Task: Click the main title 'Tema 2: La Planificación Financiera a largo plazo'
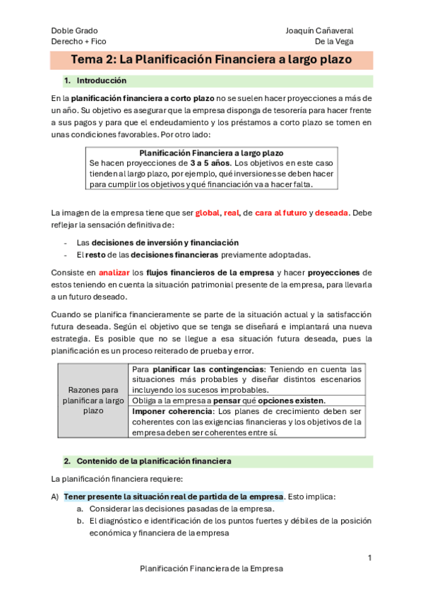point(211,59)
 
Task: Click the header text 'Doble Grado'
point(74,30)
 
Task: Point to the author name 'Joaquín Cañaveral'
point(320,30)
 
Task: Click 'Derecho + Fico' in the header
point(78,42)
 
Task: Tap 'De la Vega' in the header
point(334,42)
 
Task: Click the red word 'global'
point(207,213)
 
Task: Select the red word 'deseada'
point(331,213)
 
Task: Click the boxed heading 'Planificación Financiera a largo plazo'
point(211,153)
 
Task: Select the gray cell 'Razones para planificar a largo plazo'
point(93,400)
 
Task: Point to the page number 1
point(369,558)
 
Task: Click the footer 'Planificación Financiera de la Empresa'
point(211,568)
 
